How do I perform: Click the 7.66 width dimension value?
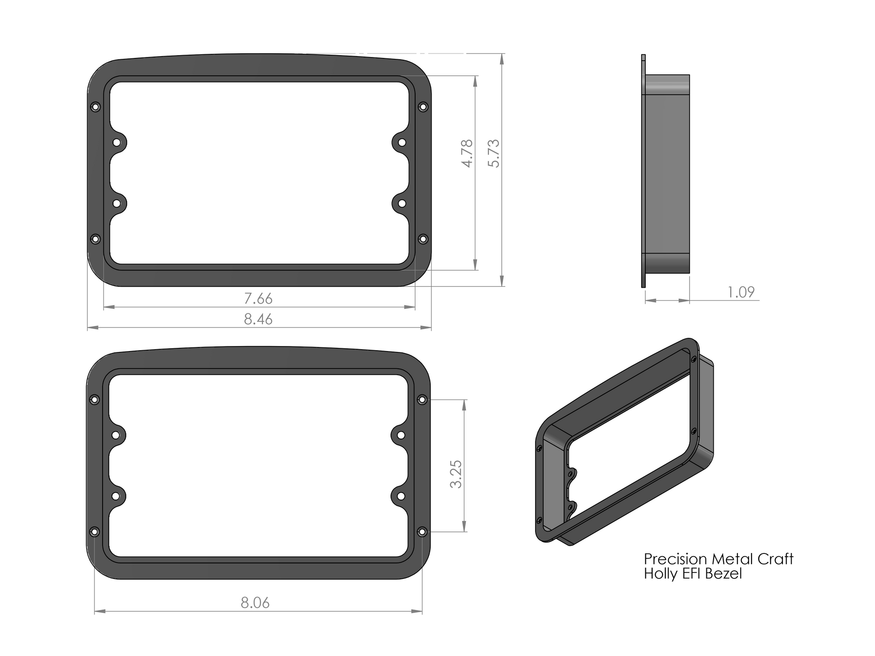258,299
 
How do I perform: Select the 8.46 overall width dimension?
258,319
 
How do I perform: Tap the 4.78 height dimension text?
468,154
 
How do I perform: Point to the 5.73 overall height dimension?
494,154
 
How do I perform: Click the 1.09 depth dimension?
741,292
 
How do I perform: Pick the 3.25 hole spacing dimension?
456,474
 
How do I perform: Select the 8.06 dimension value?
255,603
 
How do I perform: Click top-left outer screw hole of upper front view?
95,107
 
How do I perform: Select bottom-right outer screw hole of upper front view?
423,239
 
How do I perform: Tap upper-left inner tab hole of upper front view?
117,143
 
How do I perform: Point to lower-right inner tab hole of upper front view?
401,203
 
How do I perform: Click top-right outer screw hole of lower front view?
422,400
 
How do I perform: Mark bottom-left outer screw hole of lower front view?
94,532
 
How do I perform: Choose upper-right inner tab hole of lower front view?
401,435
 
